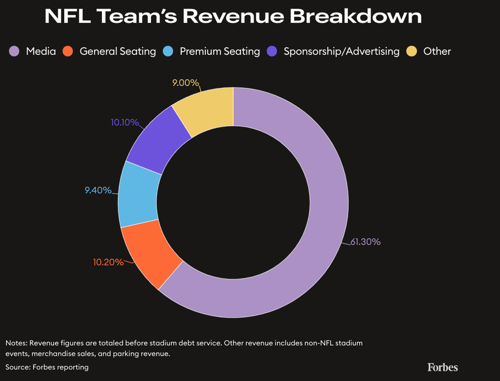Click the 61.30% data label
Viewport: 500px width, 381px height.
pos(365,242)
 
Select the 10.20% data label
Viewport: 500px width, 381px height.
pos(108,262)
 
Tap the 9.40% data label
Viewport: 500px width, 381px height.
pos(98,190)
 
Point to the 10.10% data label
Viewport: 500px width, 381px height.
pos(125,122)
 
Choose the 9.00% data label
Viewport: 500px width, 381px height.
pos(185,83)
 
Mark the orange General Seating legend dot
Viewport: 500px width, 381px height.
pos(68,51)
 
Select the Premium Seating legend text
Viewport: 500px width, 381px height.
pos(220,51)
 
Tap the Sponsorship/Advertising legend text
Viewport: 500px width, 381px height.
pos(342,51)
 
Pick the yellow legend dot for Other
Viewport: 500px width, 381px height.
pos(412,51)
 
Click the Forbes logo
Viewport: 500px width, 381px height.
pos(442,367)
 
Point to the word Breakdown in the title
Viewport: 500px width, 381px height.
pos(355,17)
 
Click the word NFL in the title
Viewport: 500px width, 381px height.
pos(67,17)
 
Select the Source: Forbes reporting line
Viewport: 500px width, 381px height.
pos(47,367)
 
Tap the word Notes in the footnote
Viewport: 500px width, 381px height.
pos(16,343)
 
